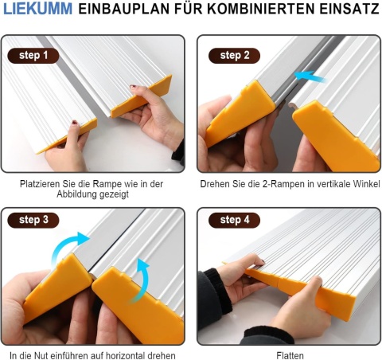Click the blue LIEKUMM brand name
pos(37,9)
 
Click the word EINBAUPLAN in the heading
pos(124,9)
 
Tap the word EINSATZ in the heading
pos(349,9)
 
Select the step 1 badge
pos(33,56)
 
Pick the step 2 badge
pos(234,56)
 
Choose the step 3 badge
pos(33,220)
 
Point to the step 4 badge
pos(234,220)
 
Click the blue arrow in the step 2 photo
pos(310,76)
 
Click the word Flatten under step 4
pos(290,355)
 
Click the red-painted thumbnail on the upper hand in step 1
pos(133,87)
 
